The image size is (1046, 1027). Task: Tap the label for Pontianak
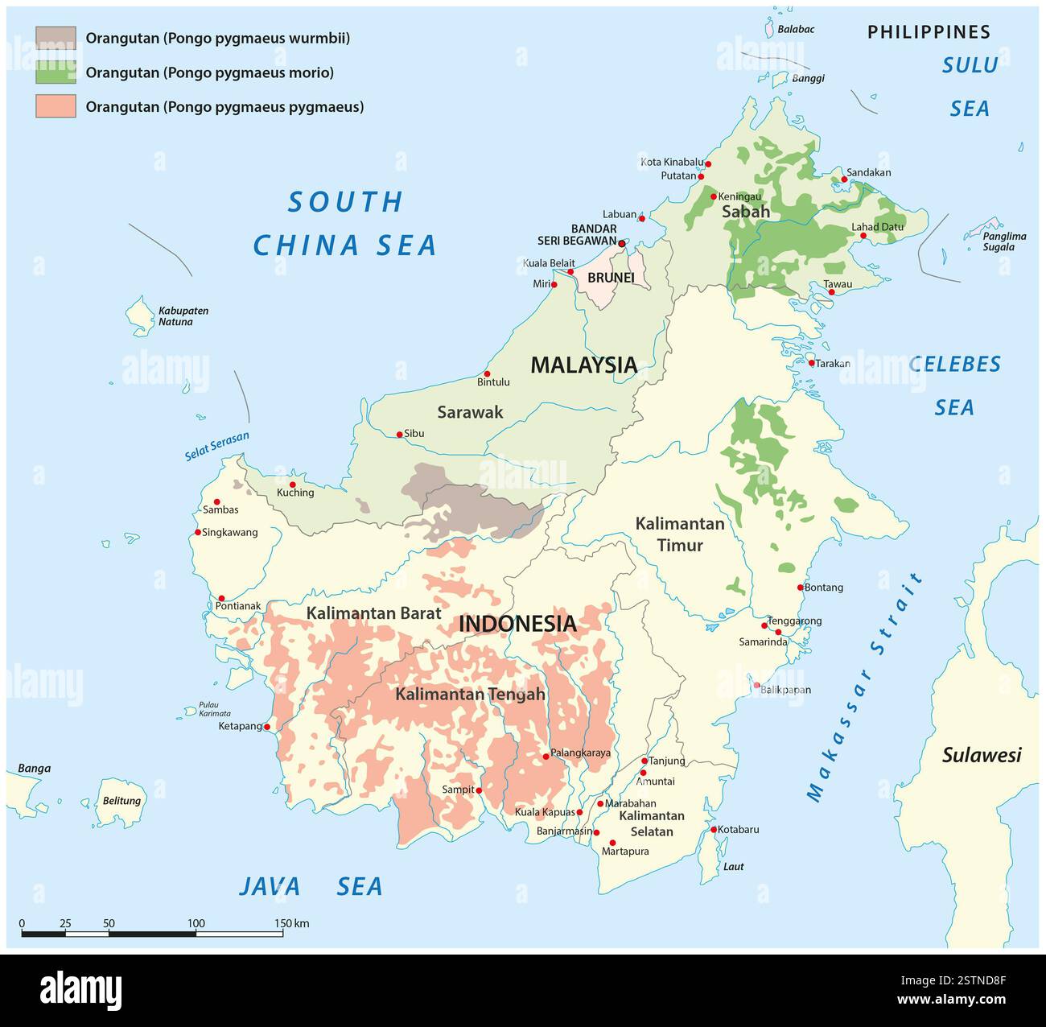(x=238, y=606)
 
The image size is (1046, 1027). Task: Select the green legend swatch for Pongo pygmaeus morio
(x=56, y=72)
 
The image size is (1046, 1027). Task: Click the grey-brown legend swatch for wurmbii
(x=56, y=38)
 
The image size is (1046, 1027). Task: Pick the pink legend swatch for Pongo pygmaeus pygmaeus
(x=56, y=106)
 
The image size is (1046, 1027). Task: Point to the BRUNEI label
(x=611, y=278)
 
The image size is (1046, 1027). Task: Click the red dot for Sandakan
(x=844, y=179)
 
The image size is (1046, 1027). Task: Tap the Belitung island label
(x=121, y=801)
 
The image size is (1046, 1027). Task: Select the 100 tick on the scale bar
(x=196, y=923)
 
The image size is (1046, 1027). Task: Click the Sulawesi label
(x=981, y=755)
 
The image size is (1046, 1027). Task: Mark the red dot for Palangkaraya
(x=546, y=757)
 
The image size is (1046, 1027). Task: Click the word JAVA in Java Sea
(x=270, y=887)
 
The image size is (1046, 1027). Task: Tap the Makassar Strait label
(x=865, y=688)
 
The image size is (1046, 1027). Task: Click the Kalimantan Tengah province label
(x=470, y=694)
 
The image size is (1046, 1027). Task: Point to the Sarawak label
(x=470, y=412)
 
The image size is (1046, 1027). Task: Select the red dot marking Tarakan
(x=811, y=363)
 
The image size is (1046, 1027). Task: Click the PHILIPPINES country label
(x=929, y=32)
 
